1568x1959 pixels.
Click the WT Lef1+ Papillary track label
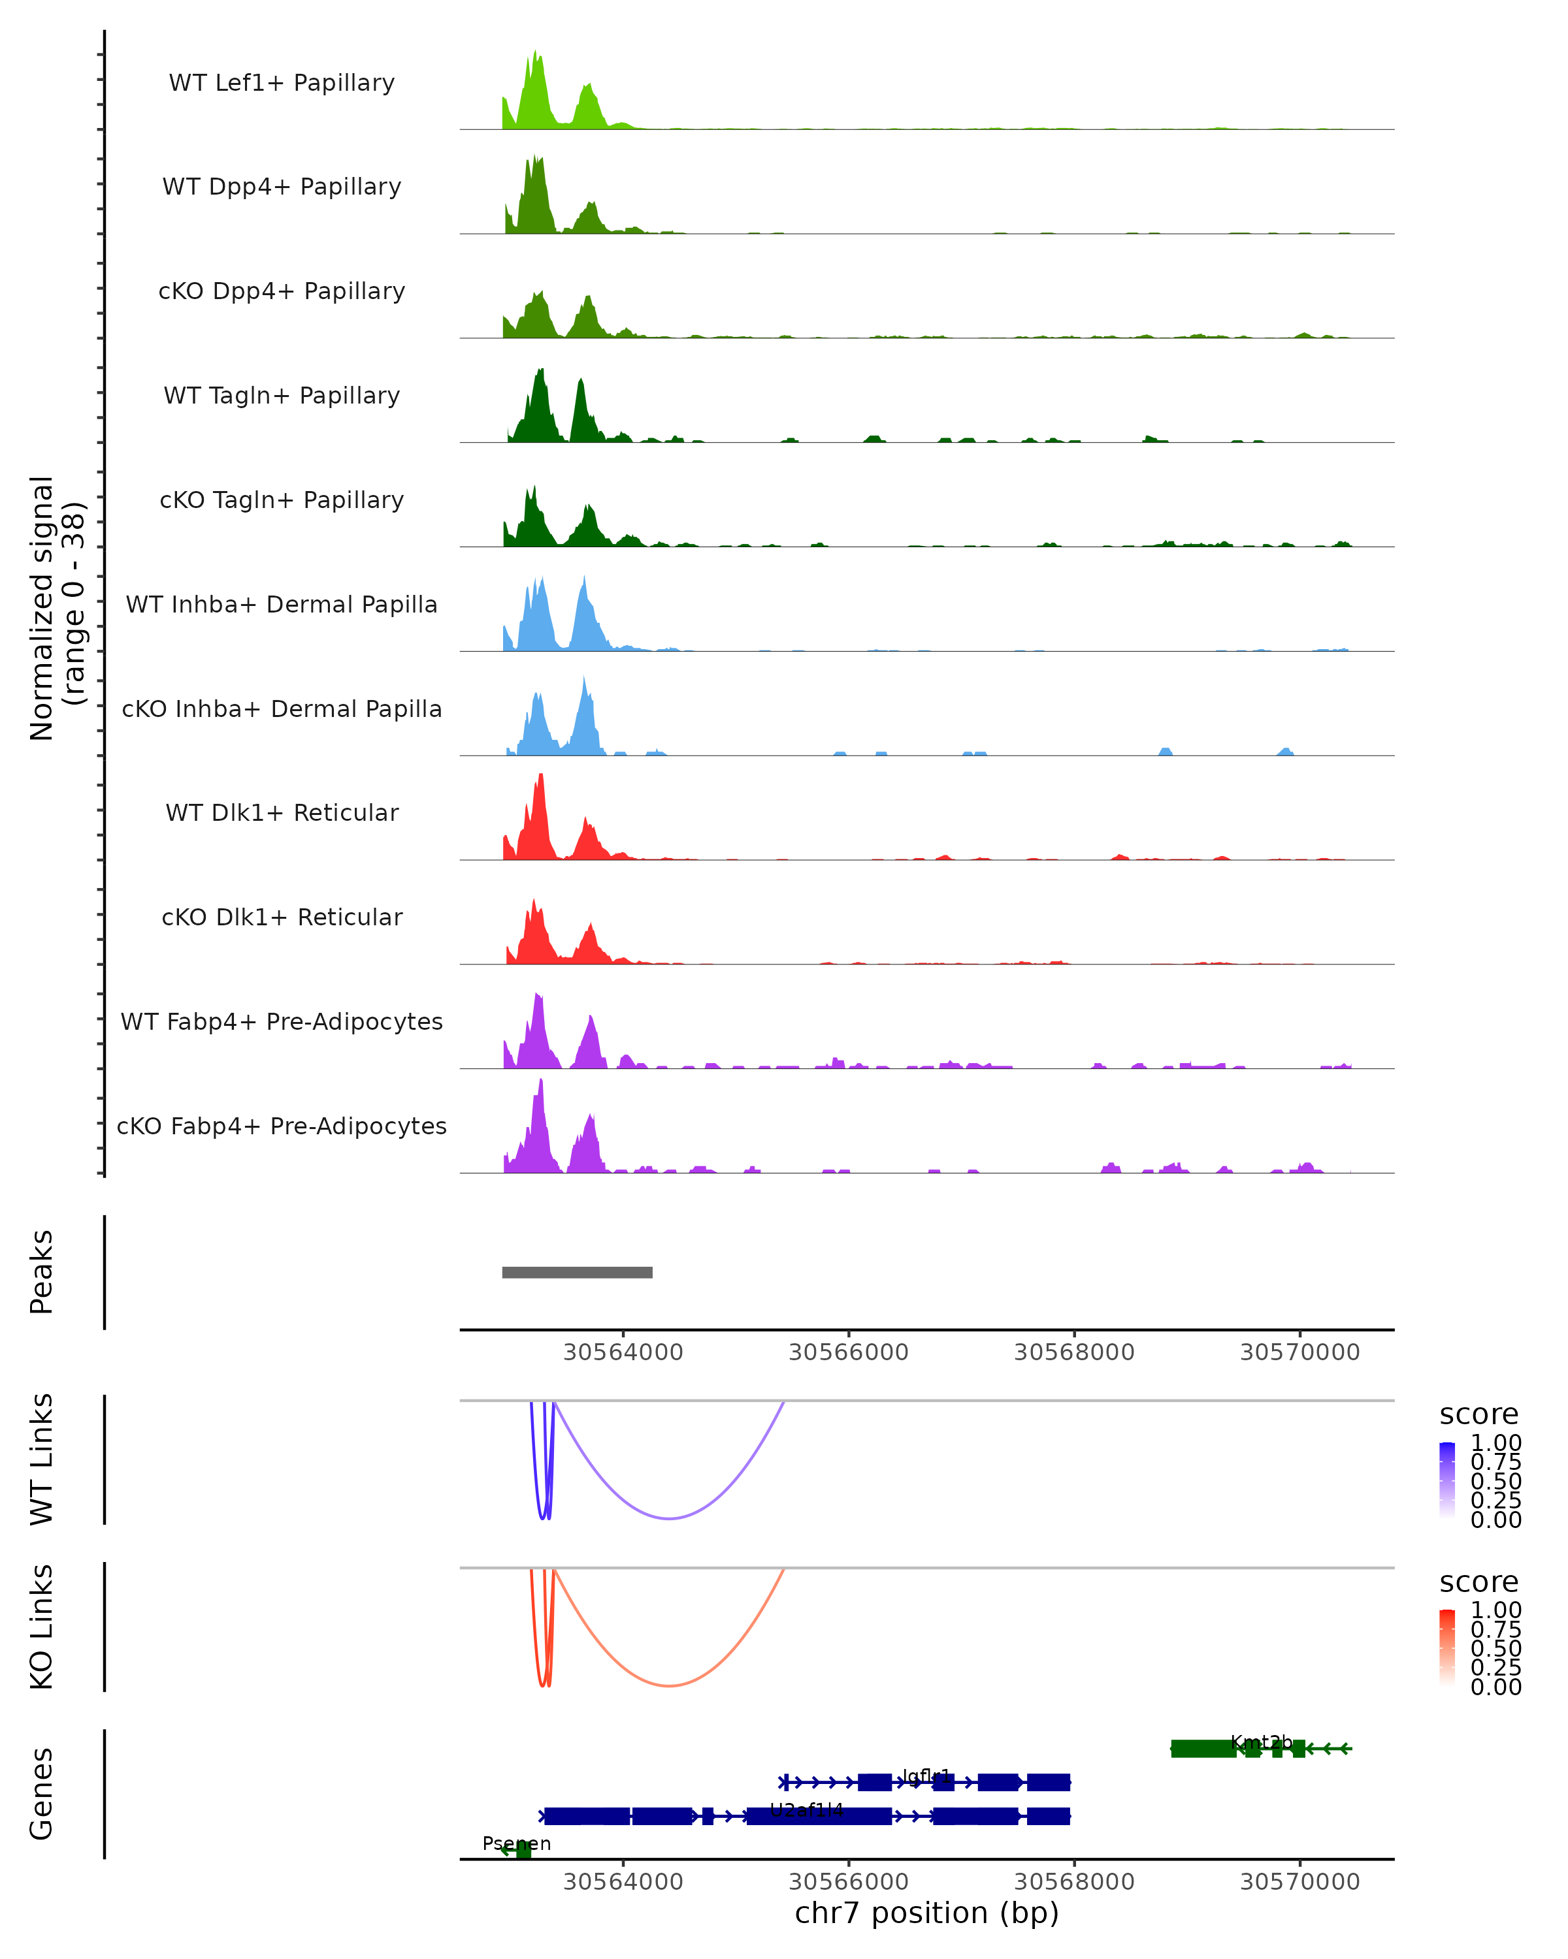(x=282, y=83)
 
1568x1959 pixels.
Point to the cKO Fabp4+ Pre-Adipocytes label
(x=282, y=1126)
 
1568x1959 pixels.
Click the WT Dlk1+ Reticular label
(x=282, y=812)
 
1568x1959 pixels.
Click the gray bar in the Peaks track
(x=577, y=1272)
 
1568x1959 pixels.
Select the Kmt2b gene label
(x=1261, y=1742)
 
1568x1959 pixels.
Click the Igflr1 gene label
(x=926, y=1776)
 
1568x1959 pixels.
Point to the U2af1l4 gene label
(x=806, y=1810)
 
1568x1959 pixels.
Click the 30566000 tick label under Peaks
(x=848, y=1352)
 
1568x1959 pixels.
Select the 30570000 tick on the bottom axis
(x=1300, y=1882)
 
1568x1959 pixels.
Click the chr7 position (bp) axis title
(x=926, y=1913)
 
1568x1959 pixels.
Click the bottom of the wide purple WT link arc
(x=669, y=1518)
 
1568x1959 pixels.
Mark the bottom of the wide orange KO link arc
(x=669, y=1685)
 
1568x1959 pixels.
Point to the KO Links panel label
(x=42, y=1627)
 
